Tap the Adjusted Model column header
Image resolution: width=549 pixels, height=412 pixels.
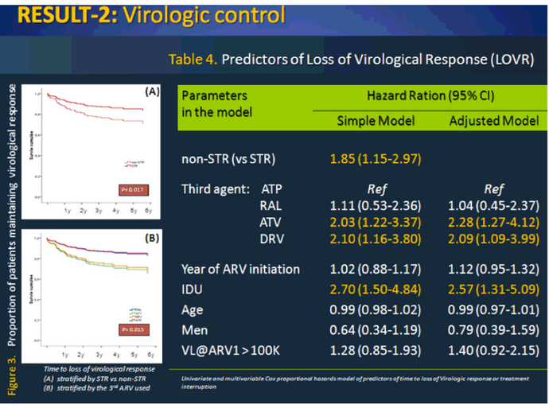pyautogui.click(x=494, y=121)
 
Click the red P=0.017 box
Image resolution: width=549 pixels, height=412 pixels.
pyautogui.click(x=131, y=190)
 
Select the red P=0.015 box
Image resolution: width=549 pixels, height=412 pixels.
pyautogui.click(x=131, y=327)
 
